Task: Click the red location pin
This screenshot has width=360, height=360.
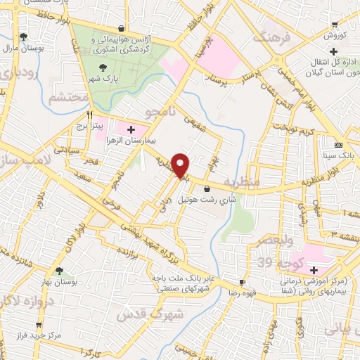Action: pos(181,165)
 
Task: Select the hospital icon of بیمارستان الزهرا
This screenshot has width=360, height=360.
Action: pos(130,129)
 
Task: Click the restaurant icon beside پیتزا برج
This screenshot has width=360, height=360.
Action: pos(89,114)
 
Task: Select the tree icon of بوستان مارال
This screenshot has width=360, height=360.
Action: pos(25,37)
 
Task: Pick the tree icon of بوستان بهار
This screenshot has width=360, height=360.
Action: pos(60,270)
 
